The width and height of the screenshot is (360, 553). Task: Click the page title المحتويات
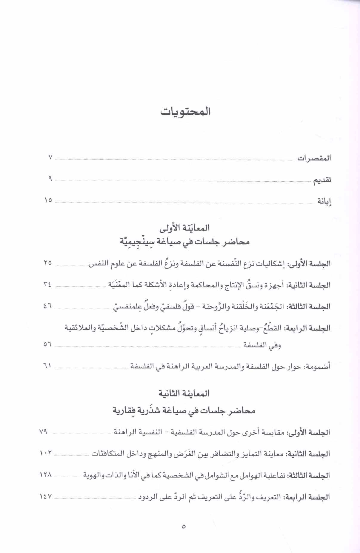pos(185,112)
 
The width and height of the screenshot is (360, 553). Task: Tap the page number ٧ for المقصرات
pos(50,157)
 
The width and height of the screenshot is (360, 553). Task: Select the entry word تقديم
pos(322,180)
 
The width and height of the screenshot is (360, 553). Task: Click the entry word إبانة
pos(324,202)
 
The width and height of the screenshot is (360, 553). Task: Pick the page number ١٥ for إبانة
pos(48,200)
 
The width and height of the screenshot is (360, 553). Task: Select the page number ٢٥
pos(48,263)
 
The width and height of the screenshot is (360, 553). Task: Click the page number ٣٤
pos(47,285)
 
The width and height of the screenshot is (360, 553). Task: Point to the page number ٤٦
pos(48,306)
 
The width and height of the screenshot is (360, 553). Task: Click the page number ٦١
pos(48,365)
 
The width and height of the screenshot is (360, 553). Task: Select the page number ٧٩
pos(44,432)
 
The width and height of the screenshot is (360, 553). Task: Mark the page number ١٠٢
pos(46,453)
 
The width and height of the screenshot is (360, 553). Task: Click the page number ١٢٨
pos(46,475)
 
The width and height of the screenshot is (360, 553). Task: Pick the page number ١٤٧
pos(46,496)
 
